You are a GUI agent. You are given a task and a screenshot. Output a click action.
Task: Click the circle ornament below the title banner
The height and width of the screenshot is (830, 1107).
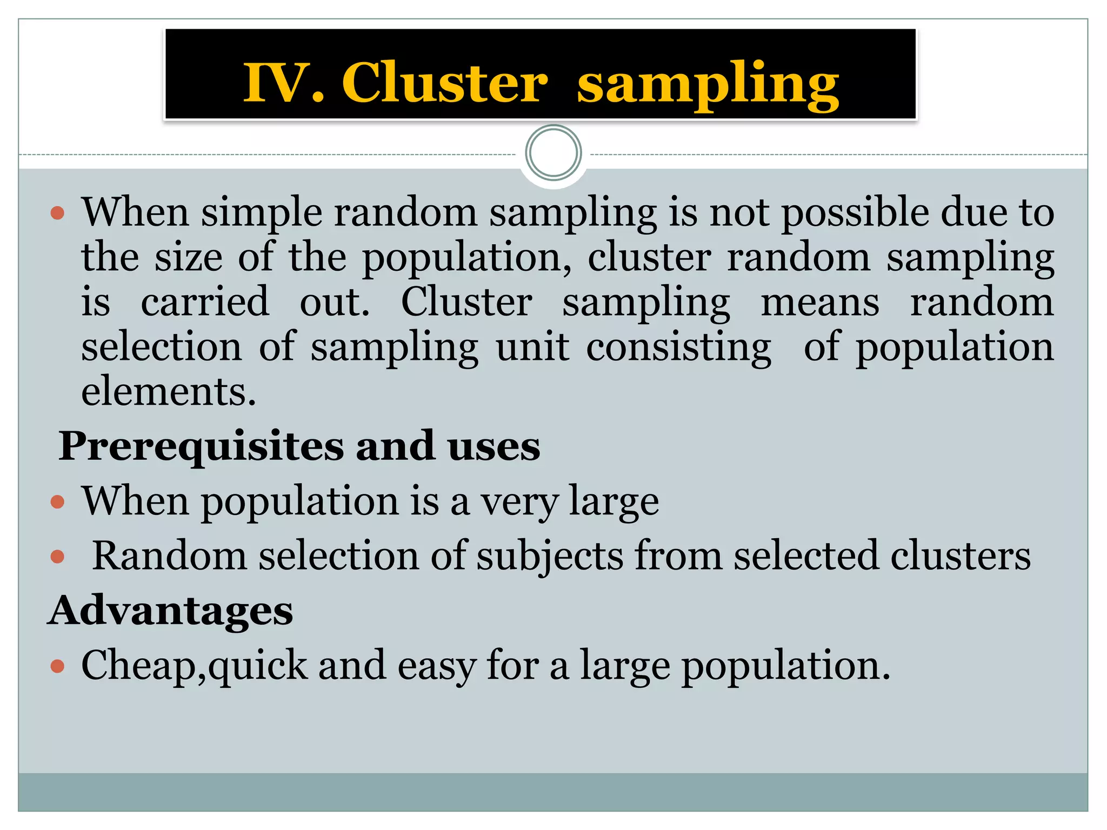coord(553,153)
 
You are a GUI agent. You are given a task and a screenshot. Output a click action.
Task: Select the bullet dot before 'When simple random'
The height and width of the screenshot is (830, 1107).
coord(57,213)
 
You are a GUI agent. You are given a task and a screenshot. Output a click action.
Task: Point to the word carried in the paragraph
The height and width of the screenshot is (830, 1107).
coord(205,302)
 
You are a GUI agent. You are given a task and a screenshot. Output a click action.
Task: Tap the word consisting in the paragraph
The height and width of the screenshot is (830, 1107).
coord(678,347)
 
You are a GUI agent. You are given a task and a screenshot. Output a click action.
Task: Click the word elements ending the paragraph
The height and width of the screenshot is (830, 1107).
coord(168,391)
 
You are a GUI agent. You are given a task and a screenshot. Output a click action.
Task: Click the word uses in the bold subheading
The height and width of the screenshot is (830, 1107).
coord(494,446)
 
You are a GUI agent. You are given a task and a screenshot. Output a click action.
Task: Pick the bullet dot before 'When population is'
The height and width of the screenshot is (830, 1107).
coord(57,502)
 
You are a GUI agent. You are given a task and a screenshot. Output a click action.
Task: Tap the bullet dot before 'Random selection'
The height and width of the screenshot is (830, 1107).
coord(57,556)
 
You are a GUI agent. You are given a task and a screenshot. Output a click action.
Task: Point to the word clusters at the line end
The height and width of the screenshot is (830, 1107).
coord(960,556)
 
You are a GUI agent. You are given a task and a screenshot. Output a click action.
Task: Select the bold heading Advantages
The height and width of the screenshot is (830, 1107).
coord(170,611)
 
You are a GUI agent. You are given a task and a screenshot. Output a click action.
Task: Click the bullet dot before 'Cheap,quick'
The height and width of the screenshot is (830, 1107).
coord(57,666)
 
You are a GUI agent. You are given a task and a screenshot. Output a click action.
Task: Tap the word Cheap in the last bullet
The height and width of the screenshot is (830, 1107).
coord(138,666)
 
